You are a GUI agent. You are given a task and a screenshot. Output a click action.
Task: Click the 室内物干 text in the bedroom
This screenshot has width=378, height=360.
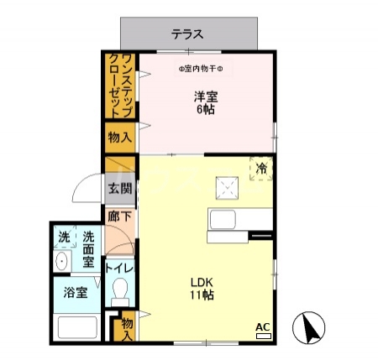[206, 69]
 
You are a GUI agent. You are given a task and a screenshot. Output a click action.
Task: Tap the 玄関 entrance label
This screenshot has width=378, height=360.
[119, 189]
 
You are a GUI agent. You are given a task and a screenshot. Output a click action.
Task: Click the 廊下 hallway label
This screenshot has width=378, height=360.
[118, 216]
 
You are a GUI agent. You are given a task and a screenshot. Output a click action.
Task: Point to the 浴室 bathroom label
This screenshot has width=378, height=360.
[76, 293]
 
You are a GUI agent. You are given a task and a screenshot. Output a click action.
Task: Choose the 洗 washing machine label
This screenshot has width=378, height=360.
[64, 238]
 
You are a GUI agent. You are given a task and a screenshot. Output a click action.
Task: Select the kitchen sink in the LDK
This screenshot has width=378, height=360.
[225, 222]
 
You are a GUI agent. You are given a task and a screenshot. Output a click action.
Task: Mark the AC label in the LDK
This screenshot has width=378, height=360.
[261, 326]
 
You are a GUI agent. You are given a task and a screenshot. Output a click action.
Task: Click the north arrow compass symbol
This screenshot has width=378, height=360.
[308, 327]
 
